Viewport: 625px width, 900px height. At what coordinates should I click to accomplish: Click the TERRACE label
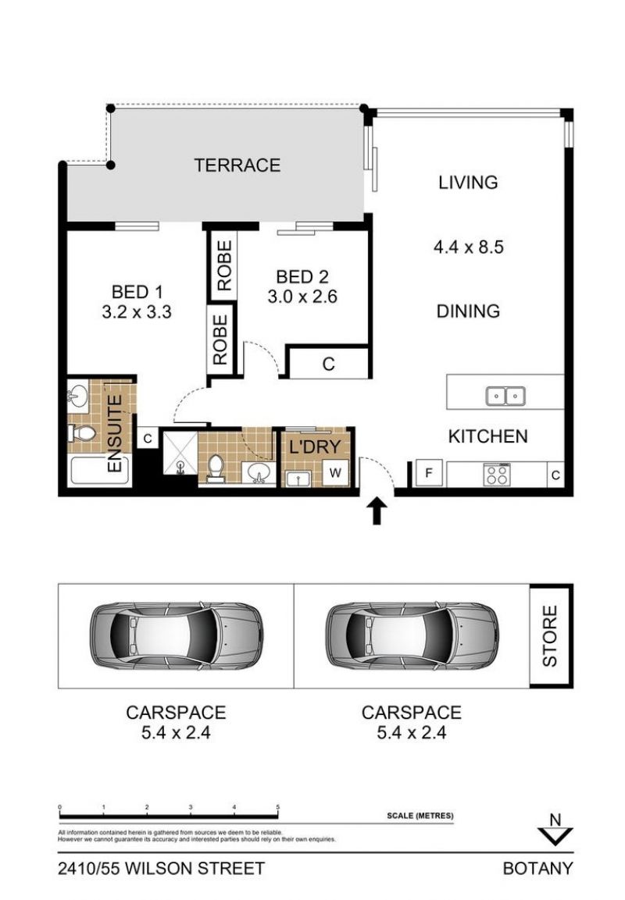237,165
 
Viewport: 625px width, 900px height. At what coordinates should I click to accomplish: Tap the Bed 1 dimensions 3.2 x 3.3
137,312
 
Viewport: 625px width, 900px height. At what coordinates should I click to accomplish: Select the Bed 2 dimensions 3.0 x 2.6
302,297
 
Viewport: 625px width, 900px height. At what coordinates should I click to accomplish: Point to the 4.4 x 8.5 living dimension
468,247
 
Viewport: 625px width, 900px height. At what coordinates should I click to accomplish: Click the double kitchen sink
505,396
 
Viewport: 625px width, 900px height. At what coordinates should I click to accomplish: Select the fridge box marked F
429,474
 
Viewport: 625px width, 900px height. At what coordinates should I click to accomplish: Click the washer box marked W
335,473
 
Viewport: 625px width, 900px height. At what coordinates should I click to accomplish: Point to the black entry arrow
377,510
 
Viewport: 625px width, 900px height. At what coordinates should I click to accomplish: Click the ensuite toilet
83,432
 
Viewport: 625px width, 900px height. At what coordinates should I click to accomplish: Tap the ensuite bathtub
99,470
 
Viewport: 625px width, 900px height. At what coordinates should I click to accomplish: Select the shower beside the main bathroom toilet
180,454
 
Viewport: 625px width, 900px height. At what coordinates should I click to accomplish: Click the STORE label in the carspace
550,636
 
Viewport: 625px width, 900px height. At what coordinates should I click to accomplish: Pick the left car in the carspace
177,635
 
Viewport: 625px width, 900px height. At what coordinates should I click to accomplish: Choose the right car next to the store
412,635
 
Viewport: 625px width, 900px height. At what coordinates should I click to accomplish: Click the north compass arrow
555,836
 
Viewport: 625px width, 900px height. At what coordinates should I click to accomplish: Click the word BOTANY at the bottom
537,869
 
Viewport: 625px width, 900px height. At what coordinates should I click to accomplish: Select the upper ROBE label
224,265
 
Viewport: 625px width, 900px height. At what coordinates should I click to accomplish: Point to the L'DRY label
315,446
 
